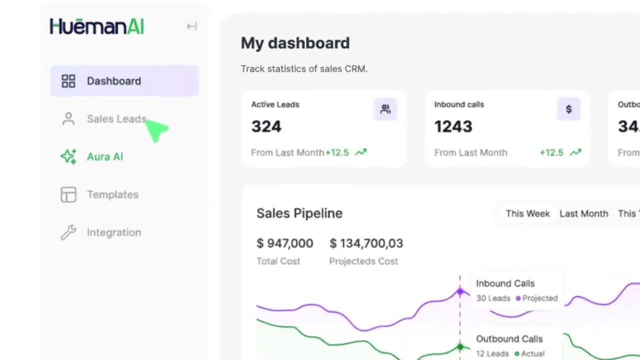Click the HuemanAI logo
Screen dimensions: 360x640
pos(97,26)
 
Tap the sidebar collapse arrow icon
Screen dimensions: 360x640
pos(191,26)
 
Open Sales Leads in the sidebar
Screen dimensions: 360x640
pos(116,119)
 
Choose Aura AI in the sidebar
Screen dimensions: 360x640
pos(104,157)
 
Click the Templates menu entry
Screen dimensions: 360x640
pos(112,194)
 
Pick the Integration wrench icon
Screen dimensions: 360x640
pos(68,232)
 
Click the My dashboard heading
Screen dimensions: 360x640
pos(295,43)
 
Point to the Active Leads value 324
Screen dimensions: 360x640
pos(266,126)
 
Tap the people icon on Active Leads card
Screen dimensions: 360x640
pos(385,109)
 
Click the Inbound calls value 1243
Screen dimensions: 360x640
pos(453,126)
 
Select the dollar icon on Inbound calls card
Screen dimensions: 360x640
pos(568,109)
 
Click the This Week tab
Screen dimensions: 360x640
pos(527,213)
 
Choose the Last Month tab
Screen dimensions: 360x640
pos(583,213)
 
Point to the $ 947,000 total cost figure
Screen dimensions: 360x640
pos(284,243)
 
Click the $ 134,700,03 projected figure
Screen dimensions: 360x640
pos(366,243)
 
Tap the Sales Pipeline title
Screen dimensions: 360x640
pos(299,213)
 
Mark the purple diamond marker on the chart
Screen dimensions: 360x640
pos(460,291)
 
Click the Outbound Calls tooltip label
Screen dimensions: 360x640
pos(509,339)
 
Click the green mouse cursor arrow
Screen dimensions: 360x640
pos(157,130)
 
